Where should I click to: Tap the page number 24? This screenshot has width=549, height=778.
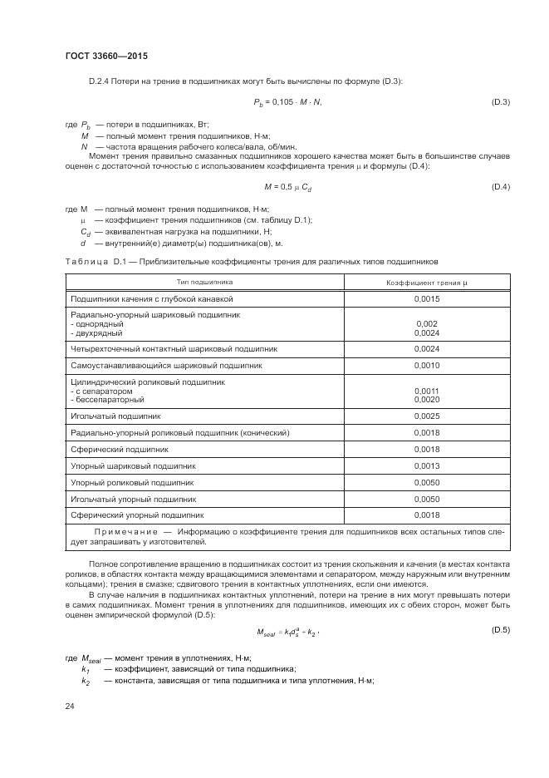[69, 706]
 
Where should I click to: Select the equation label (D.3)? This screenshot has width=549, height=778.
[501, 102]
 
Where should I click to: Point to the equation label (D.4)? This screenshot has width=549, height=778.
[501, 187]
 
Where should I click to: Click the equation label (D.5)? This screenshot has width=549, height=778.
[501, 631]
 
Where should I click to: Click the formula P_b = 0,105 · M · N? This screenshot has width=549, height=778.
[287, 102]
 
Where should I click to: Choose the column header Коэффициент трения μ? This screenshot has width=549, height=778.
[427, 283]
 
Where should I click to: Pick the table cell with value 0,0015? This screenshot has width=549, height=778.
[427, 298]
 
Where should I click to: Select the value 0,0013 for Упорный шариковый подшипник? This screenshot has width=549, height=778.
[427, 465]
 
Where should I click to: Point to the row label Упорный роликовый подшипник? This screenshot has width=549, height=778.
[133, 482]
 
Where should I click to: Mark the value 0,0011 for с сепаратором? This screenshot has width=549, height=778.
[427, 391]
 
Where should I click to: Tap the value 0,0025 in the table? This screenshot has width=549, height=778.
[427, 416]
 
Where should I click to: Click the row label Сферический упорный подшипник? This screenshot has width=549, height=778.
[137, 515]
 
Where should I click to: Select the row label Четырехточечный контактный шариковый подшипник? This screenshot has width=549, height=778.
[174, 349]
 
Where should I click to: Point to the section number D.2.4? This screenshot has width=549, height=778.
[102, 81]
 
